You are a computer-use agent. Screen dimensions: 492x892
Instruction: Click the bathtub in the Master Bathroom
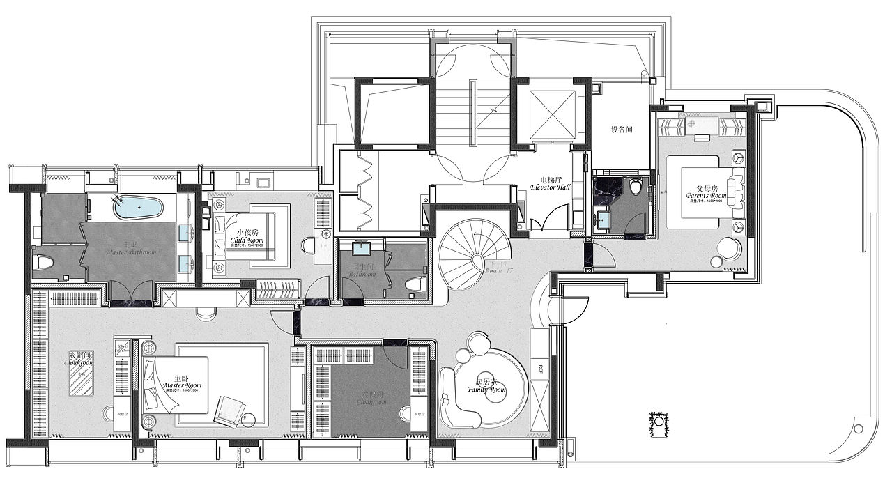point(138,207)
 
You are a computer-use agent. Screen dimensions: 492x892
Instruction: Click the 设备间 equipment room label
point(622,130)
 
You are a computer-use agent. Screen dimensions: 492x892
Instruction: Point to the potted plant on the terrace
point(659,422)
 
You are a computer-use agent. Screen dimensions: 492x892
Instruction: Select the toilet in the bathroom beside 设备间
point(635,187)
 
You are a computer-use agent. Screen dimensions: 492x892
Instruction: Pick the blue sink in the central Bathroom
point(362,249)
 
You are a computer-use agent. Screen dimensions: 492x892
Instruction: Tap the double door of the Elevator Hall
point(545,226)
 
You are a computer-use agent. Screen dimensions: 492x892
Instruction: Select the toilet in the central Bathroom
point(415,284)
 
